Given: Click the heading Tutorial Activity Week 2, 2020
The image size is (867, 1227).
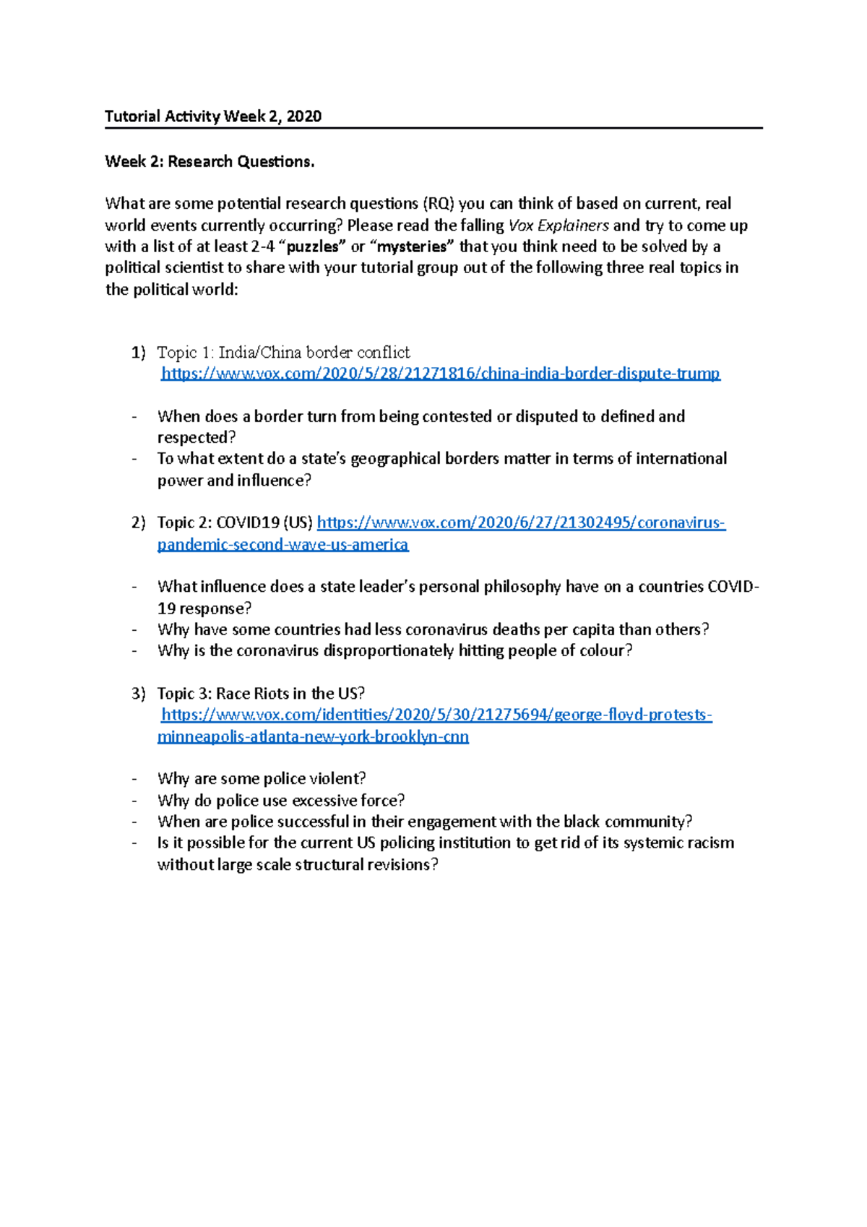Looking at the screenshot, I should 213,116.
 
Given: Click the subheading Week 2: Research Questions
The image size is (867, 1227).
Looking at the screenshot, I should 210,161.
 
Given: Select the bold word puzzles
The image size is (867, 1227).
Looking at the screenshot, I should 312,246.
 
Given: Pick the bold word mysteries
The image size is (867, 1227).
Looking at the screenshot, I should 413,246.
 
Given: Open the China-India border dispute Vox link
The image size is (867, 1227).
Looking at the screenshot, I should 440,374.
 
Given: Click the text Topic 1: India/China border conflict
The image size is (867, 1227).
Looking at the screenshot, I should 283,352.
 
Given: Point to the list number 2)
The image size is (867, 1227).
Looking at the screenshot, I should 139,522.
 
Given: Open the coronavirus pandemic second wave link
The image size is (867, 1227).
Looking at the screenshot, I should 521,522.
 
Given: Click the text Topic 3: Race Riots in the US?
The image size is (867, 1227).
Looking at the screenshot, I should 261,694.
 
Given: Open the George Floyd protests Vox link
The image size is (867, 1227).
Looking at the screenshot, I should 436,715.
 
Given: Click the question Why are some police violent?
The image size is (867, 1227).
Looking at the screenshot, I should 262,778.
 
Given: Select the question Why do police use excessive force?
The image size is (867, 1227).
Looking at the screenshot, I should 281,800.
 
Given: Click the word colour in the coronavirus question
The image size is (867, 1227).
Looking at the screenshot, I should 607,650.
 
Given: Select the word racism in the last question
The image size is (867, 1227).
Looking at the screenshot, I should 709,843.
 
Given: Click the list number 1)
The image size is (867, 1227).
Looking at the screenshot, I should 139,352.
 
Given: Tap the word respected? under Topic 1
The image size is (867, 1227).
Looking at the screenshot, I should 197,437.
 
